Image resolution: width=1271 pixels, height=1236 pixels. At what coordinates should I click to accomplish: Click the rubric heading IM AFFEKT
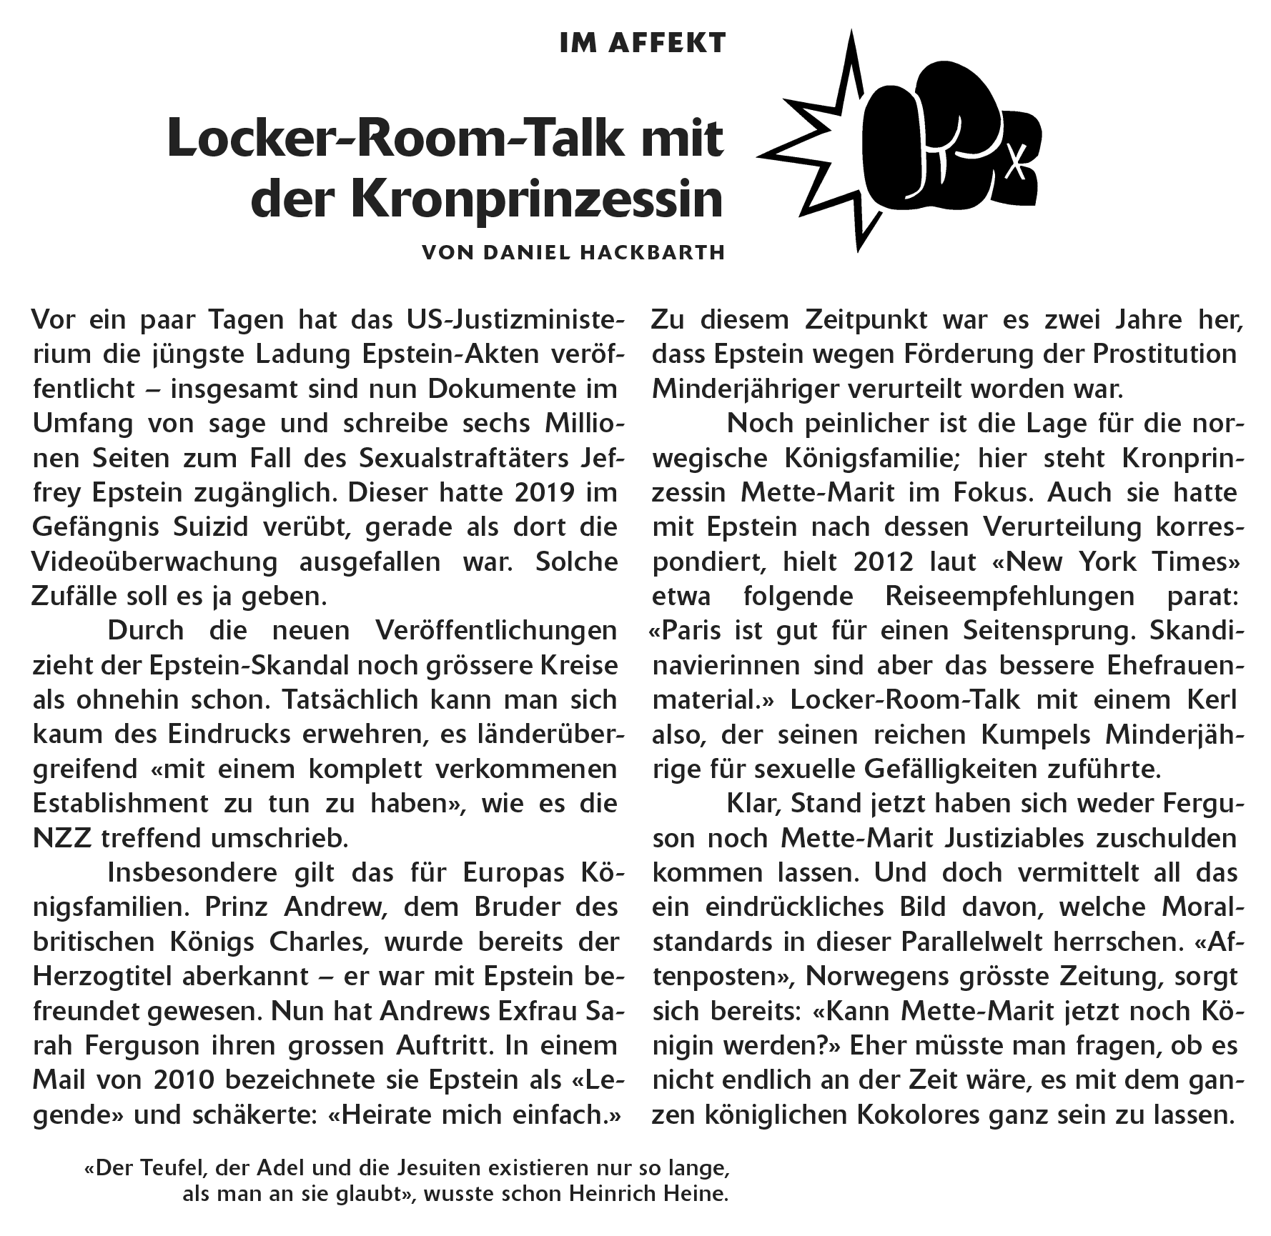click(643, 44)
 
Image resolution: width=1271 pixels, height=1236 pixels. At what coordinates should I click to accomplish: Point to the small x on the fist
click(1013, 168)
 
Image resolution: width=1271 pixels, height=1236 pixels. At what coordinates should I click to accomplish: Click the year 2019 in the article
click(535, 493)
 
